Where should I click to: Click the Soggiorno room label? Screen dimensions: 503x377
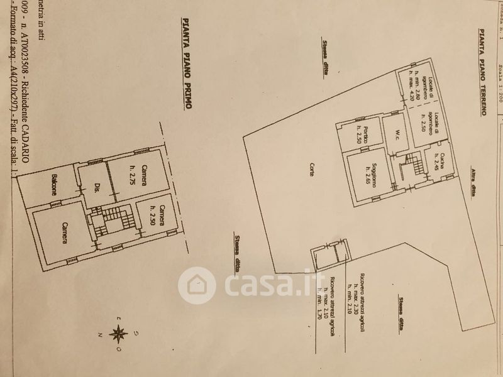point(372,170)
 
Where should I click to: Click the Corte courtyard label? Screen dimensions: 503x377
point(312,170)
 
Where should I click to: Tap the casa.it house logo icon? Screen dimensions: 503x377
point(197,285)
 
